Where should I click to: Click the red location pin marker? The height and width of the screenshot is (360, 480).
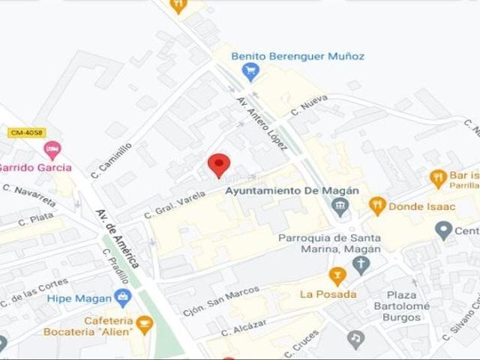coord(218,164)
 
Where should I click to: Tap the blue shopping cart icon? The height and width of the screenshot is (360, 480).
coord(250,72)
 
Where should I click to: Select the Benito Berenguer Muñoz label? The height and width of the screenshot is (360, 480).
coord(298,55)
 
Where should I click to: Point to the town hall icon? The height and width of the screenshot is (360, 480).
coord(341,206)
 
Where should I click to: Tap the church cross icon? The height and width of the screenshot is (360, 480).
coord(361,264)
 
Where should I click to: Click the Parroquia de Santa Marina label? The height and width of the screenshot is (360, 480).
coord(329,244)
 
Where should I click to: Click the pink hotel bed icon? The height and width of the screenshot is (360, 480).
coord(52,151)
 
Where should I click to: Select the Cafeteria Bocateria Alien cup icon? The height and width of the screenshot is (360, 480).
coord(144,325)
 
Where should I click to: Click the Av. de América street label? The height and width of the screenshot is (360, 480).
coord(118,238)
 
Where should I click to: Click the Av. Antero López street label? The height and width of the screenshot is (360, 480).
coord(262,123)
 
